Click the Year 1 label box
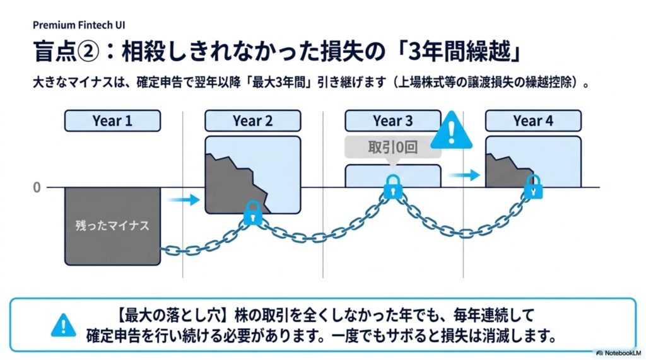point(112,120)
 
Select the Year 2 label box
point(252,120)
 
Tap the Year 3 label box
point(392,120)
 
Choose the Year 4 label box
point(533,120)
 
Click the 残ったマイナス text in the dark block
point(112,226)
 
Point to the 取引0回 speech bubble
point(392,147)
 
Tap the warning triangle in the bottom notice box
point(64,325)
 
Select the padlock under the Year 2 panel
point(252,213)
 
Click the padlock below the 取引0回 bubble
point(393,187)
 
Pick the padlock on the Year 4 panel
point(533,187)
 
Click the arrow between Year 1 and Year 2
point(184,200)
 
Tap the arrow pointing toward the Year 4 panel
point(464,175)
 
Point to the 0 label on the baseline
point(37,188)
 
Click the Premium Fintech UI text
point(79,25)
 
